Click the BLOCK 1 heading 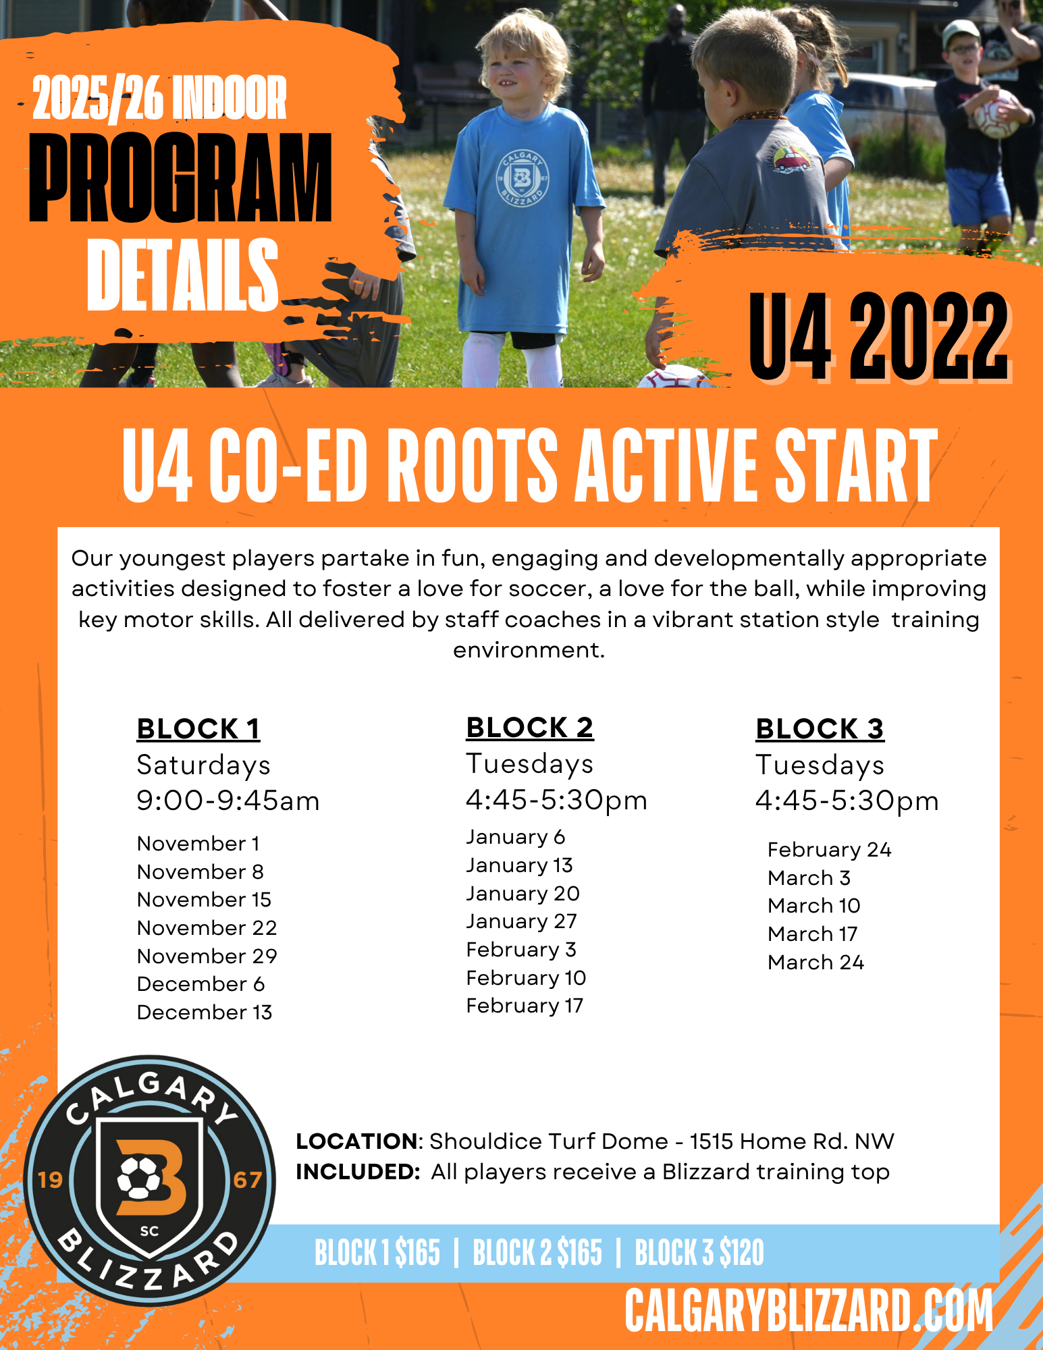198,729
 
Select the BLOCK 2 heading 530,728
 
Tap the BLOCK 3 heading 820,729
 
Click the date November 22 207,928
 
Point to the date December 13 205,1013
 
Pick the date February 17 525,1006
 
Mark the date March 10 814,906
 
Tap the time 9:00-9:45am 228,801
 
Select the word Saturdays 203,765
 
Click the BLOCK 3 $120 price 699,1253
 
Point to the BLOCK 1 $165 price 377,1253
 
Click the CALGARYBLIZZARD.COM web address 809,1311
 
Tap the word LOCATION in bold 356,1141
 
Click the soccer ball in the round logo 139,1177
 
